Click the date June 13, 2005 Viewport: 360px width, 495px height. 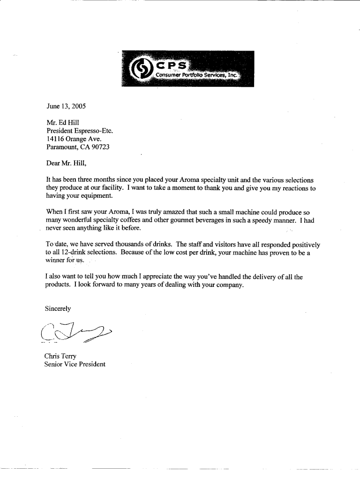point(66,106)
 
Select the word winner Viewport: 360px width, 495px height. point(55,261)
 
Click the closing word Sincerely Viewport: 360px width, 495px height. point(58,308)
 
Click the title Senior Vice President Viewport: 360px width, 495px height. point(75,364)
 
